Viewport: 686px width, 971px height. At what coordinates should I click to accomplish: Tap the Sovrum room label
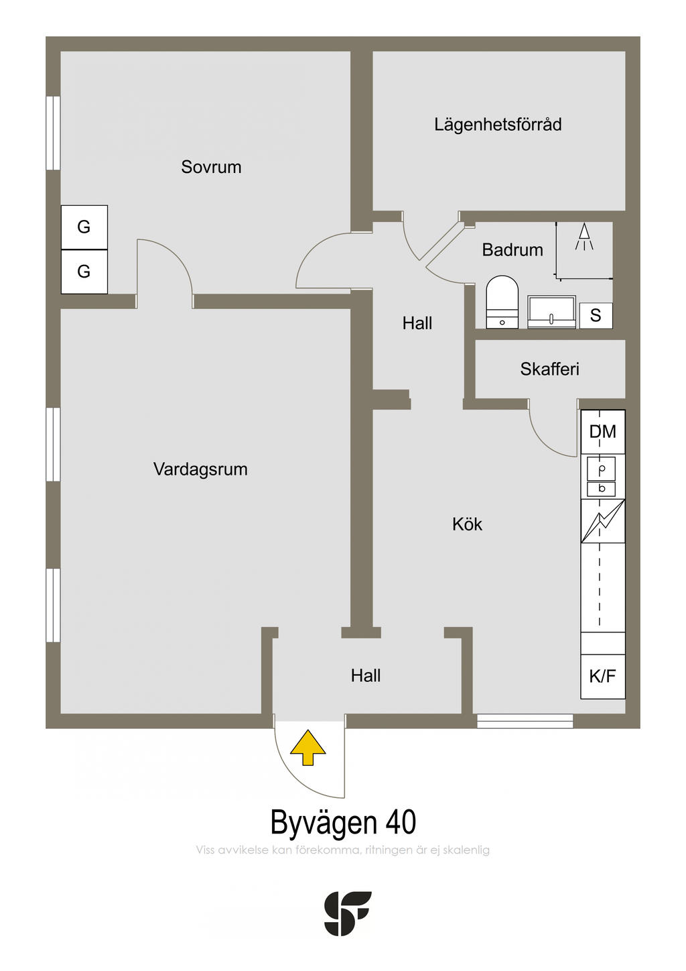pos(211,167)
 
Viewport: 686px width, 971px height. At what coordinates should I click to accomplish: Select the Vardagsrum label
pos(200,469)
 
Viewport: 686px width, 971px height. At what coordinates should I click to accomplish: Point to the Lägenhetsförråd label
pos(498,125)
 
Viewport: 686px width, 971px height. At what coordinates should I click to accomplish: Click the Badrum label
pos(512,250)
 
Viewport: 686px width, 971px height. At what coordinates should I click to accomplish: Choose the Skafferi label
pos(549,369)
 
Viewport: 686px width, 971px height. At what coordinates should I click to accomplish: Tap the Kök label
pos(468,524)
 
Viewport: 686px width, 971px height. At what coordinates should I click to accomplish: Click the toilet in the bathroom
pos(502,302)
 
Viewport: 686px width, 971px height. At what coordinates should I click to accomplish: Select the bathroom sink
pos(551,312)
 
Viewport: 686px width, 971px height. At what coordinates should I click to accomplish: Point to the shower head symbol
pos(584,237)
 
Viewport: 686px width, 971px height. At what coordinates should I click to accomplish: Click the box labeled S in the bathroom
pos(596,316)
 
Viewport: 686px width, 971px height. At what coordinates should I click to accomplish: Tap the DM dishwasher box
pos(603,432)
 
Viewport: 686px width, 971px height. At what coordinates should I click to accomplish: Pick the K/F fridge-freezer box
pos(603,676)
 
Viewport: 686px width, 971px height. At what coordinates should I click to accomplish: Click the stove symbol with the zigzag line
pos(603,521)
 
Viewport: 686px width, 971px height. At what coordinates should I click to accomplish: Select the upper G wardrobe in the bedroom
pos(84,227)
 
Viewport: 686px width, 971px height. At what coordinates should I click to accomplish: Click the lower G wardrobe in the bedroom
pos(84,272)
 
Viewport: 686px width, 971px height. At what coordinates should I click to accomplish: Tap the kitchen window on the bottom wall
pos(525,722)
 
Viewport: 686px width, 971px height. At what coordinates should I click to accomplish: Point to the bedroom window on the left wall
pos(54,133)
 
